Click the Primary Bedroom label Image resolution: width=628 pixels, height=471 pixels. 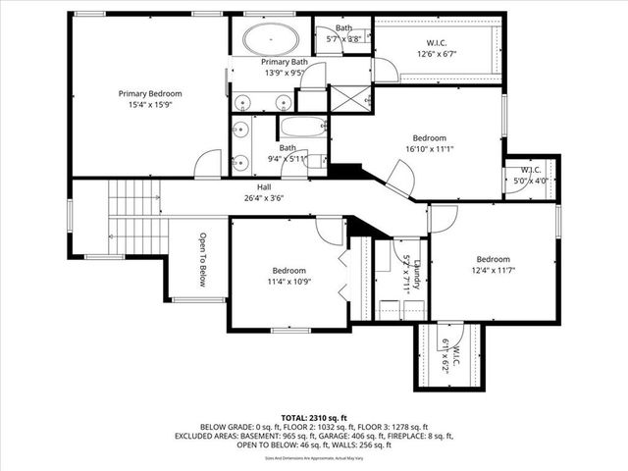pyautogui.click(x=151, y=94)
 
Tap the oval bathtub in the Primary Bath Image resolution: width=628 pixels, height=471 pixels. pyautogui.click(x=271, y=41)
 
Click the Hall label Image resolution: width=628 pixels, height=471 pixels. pyautogui.click(x=264, y=186)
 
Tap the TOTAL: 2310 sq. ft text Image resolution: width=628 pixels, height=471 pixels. pyautogui.click(x=314, y=417)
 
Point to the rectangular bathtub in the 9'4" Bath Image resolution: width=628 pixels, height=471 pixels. pyautogui.click(x=302, y=128)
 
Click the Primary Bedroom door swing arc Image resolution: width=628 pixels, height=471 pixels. pyautogui.click(x=209, y=164)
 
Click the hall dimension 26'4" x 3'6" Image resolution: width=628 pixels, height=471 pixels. pyautogui.click(x=264, y=197)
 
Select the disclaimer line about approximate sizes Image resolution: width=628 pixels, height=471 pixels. pyautogui.click(x=314, y=457)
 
